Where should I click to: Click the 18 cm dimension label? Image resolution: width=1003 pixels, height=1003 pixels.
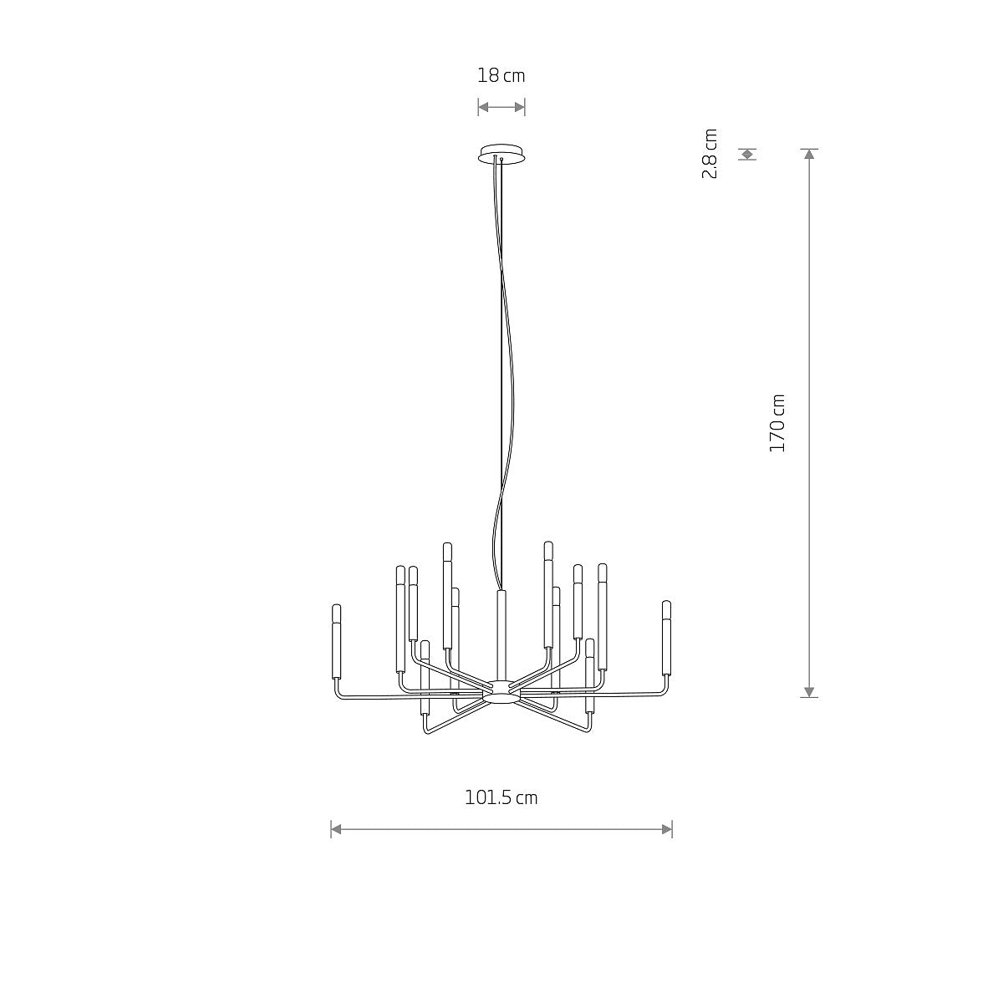click(501, 76)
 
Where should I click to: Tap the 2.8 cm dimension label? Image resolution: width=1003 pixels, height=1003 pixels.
click(710, 154)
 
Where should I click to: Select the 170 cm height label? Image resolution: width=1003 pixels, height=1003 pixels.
click(777, 423)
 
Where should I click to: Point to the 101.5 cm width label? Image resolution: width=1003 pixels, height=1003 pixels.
click(501, 797)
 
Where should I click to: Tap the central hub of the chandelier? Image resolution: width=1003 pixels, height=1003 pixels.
click(501, 690)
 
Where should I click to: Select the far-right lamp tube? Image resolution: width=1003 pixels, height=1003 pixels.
click(666, 637)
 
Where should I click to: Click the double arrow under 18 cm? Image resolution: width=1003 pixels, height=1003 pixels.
click(501, 106)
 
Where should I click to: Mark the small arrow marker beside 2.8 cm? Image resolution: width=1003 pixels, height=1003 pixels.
click(747, 154)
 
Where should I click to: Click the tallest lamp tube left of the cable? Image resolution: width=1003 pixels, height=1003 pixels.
click(447, 595)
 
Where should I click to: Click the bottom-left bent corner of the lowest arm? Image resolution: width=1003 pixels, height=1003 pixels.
click(426, 731)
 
